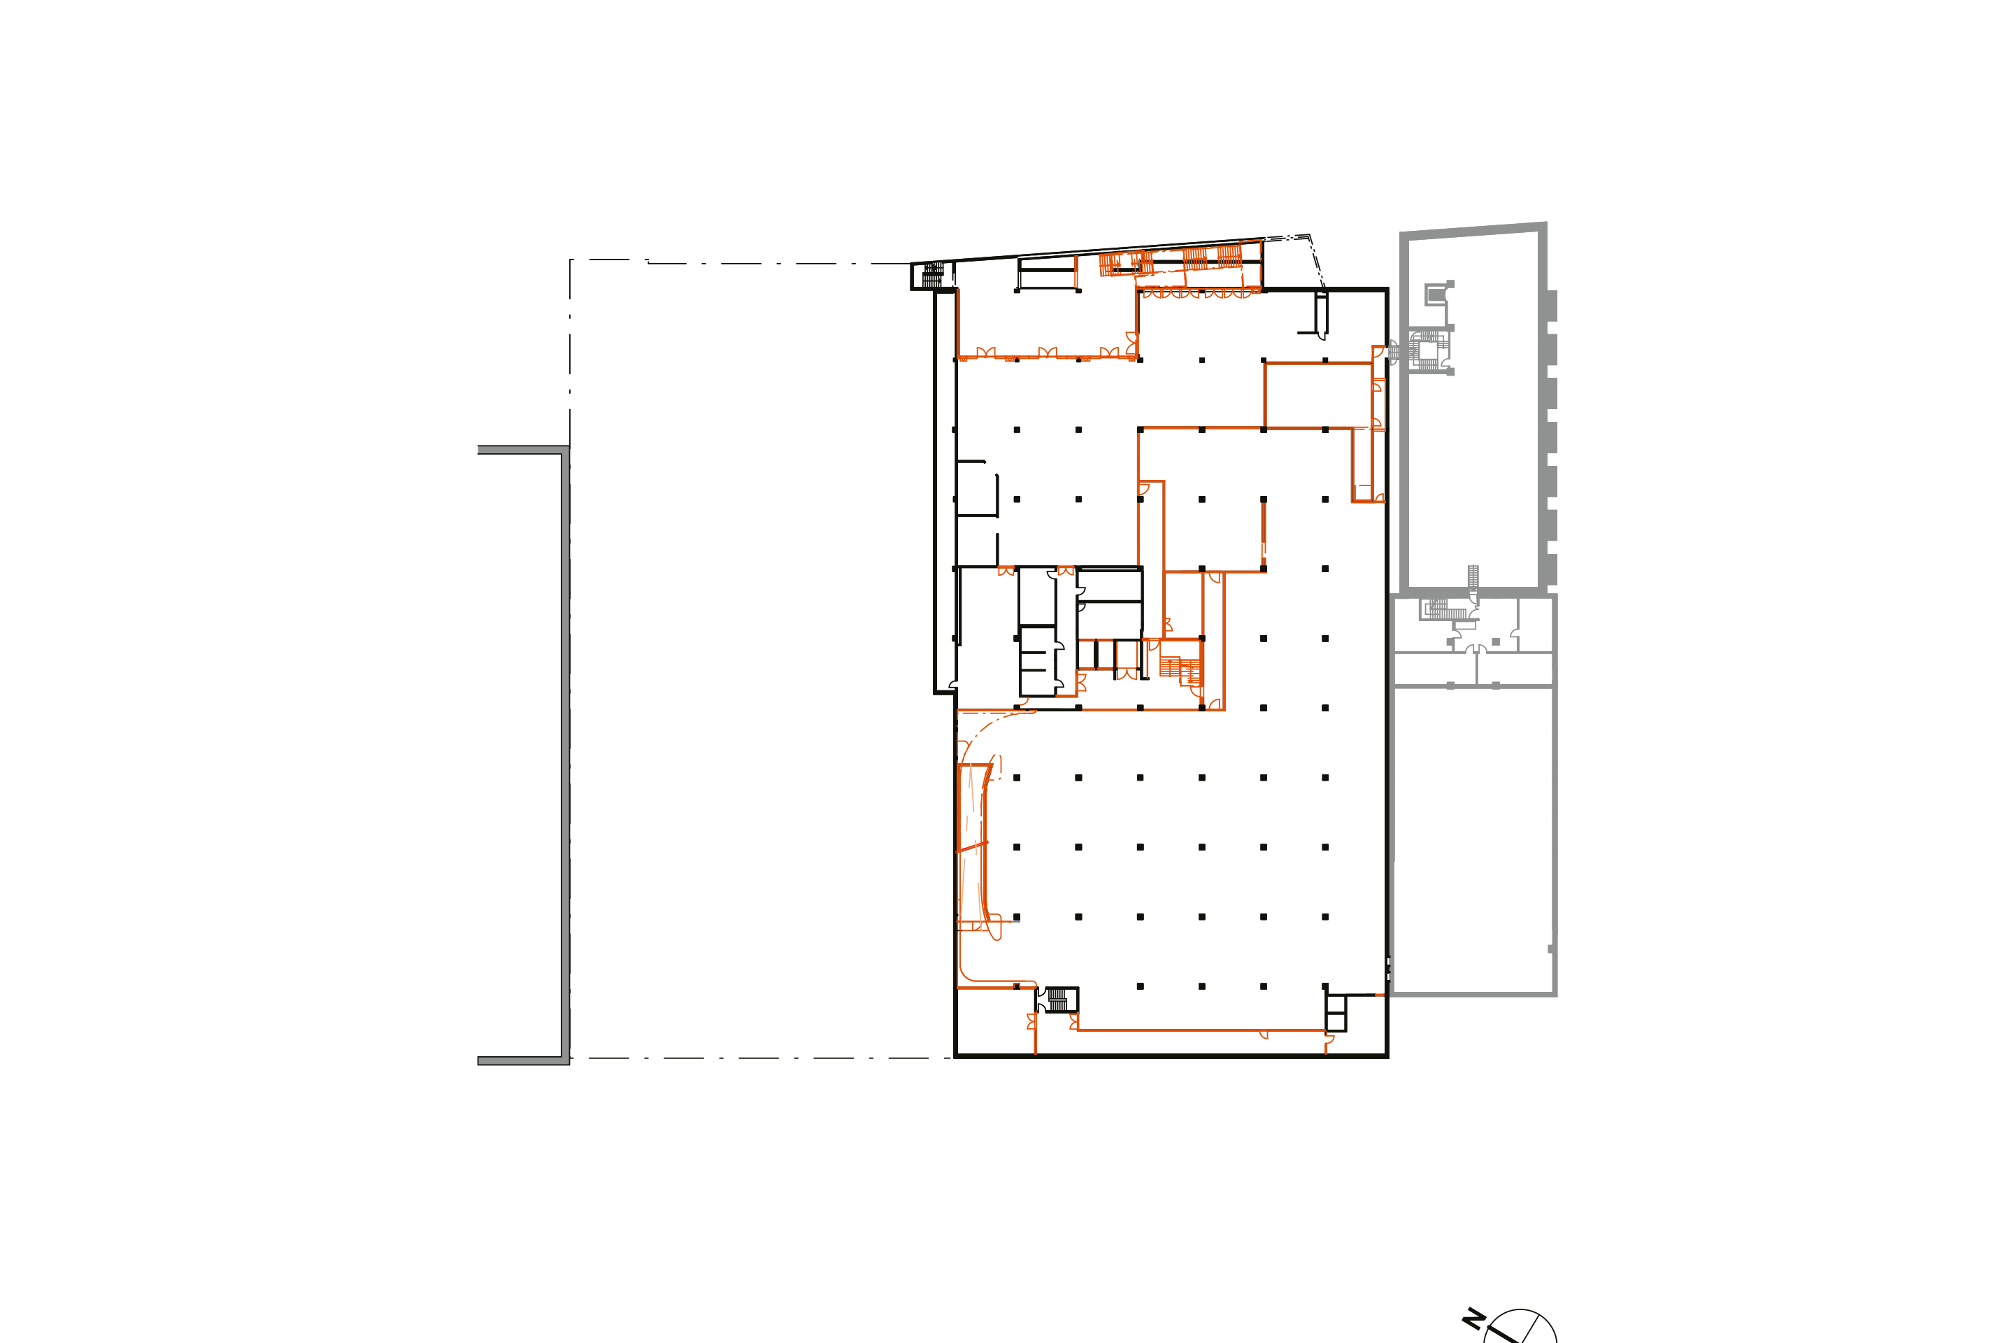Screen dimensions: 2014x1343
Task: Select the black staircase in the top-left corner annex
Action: click(x=932, y=274)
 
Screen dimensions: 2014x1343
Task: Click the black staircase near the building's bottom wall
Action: click(x=1057, y=1000)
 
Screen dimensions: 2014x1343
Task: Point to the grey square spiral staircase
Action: click(x=1427, y=351)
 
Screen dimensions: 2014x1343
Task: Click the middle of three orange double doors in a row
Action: click(x=1048, y=352)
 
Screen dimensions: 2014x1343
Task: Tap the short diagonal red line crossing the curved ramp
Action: click(x=972, y=847)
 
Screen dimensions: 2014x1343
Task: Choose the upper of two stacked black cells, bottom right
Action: click(x=1336, y=1004)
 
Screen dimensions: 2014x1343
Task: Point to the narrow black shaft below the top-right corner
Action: click(x=1321, y=313)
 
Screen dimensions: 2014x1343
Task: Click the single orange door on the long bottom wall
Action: click(x=1263, y=1035)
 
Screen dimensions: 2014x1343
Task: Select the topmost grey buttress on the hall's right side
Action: click(x=1552, y=306)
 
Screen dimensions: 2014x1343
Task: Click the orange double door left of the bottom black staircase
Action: click(x=1032, y=1021)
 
